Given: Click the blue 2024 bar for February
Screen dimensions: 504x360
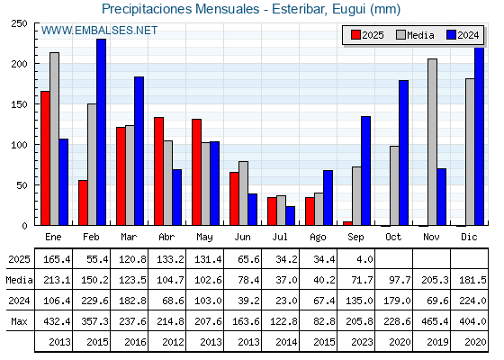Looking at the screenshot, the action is click(101, 132).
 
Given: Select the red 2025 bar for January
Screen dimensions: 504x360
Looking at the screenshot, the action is click(45, 158).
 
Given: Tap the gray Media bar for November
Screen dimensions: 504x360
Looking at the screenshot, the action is click(432, 142).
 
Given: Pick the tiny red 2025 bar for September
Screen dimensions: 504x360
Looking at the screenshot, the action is click(347, 223).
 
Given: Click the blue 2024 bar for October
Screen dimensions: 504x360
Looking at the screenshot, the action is click(404, 153).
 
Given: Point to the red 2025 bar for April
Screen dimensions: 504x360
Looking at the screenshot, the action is click(158, 171).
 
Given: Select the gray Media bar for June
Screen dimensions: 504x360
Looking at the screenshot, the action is click(243, 193).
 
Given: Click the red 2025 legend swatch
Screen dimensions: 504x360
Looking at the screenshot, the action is click(355, 35).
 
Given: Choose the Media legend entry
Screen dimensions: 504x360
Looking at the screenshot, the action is click(415, 35).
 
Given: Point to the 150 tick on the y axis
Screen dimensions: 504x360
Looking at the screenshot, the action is click(19, 104).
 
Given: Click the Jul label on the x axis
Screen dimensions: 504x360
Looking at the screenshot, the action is click(280, 237).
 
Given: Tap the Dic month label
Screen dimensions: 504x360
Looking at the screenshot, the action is click(469, 237).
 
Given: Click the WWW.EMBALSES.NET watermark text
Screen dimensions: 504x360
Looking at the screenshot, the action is click(99, 31).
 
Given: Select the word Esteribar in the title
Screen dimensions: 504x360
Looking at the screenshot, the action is click(299, 9).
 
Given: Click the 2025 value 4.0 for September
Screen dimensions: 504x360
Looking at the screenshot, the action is click(364, 259).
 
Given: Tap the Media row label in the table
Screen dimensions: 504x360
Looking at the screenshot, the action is click(19, 280).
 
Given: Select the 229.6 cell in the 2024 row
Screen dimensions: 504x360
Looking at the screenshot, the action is click(94, 301).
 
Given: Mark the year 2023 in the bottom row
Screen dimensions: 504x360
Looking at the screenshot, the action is click(362, 342).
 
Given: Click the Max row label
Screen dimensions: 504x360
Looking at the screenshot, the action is click(19, 321).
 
